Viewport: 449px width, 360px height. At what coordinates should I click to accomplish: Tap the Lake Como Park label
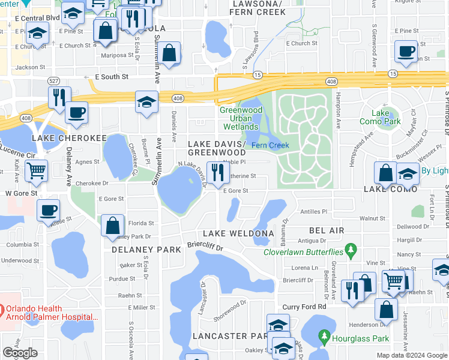coord(386,117)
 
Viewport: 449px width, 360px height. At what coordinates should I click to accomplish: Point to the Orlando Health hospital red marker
coord(2,311)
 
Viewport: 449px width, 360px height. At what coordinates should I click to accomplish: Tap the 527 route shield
coord(53,80)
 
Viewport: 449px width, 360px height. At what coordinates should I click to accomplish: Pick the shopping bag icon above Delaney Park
coord(112,226)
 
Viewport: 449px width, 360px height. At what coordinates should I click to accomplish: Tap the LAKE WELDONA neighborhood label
coord(238,233)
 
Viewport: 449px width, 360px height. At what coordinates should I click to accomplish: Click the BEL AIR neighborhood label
coord(327,230)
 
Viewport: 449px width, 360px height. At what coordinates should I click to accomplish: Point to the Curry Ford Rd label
coord(305,307)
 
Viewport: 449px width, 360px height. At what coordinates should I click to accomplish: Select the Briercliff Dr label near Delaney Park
coord(205,247)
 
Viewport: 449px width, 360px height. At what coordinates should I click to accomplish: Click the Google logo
coord(20,353)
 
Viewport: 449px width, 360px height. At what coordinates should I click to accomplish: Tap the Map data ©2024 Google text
coord(411,355)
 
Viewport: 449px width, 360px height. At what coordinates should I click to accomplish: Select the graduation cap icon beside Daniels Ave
coord(146,102)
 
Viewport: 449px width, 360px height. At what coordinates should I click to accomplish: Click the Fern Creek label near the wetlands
coord(270,145)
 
